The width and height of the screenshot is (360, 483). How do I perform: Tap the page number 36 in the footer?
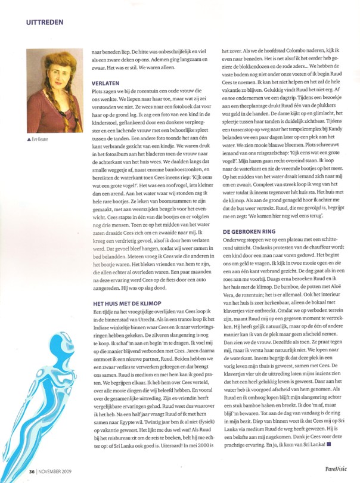click(32, 471)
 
